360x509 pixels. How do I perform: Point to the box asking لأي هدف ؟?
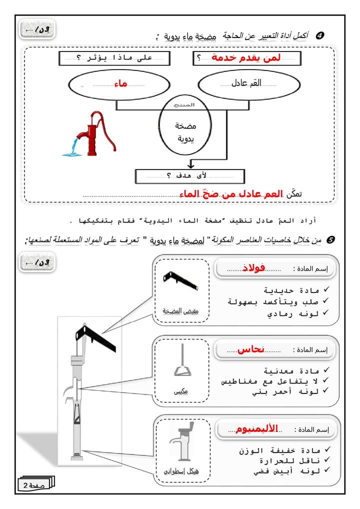(190, 175)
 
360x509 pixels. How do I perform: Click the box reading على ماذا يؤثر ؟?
(114, 57)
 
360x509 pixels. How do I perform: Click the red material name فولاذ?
(254, 268)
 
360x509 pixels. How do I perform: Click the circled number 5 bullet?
(329, 240)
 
